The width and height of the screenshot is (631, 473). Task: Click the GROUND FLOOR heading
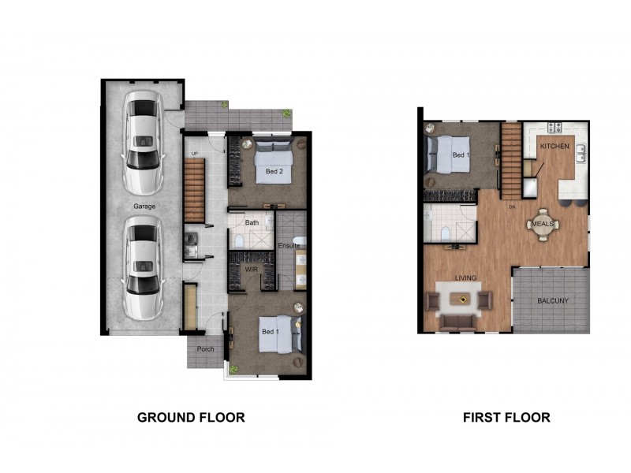191,417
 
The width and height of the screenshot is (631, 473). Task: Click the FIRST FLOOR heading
506,417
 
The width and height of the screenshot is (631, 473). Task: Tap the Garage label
144,207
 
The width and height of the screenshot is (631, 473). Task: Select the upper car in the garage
143,143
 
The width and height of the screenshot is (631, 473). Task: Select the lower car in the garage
143,266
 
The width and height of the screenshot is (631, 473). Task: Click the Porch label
206,349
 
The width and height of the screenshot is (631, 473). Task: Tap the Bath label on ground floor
252,223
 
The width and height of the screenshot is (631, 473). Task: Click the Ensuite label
289,247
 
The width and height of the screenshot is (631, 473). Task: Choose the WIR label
252,269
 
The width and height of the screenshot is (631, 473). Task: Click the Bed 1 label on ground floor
271,332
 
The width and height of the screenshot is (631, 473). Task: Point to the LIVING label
467,277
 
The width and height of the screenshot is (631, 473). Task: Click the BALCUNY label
552,300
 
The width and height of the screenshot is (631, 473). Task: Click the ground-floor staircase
194,190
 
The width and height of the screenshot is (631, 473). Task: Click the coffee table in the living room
458,299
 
